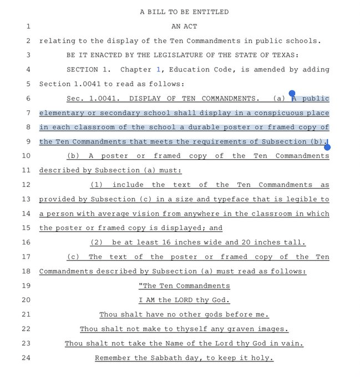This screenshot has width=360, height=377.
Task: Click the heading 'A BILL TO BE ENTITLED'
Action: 184,12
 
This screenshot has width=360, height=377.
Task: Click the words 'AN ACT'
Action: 184,26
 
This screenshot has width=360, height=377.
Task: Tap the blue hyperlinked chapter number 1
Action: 158,69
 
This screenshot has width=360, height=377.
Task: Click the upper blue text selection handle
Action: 292,94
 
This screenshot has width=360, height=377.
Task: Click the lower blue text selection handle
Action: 327,147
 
